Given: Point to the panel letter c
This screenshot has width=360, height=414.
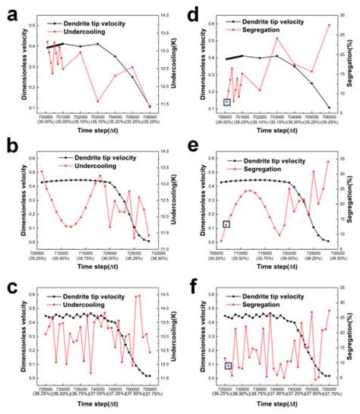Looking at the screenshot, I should click(x=9, y=286).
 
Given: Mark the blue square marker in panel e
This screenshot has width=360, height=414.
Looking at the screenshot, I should click(x=226, y=224).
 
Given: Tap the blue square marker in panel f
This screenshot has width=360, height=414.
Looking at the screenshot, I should click(x=228, y=365).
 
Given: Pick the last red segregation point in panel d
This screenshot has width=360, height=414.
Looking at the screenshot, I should click(x=329, y=25).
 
